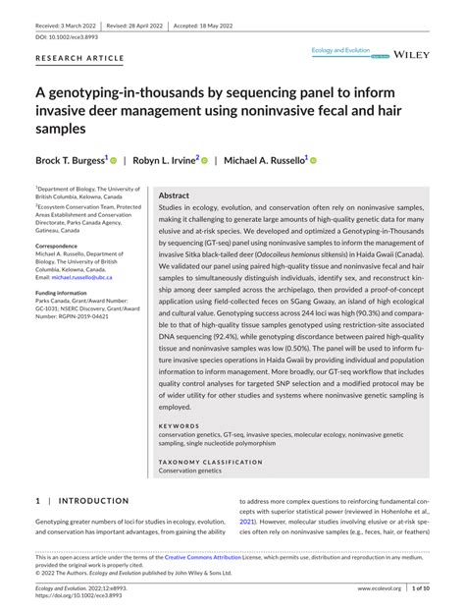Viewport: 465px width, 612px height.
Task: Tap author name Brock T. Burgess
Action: pyautogui.click(x=70, y=159)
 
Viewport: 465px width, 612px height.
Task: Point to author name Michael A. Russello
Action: pyautogui.click(x=264, y=159)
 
